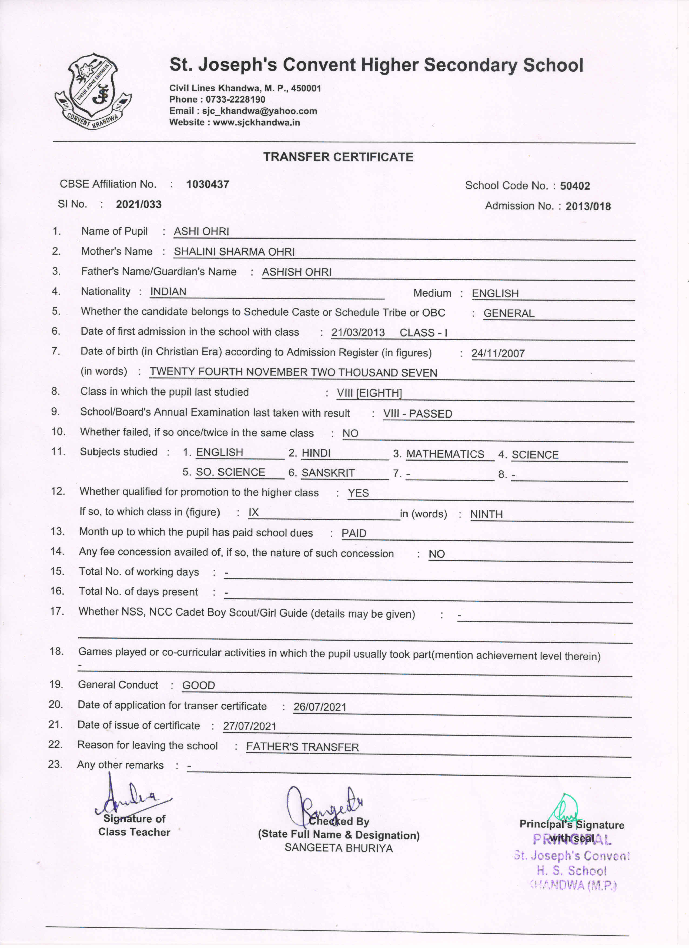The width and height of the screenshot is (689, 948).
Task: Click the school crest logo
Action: [93, 91]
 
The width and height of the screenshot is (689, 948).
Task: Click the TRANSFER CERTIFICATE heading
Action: [338, 157]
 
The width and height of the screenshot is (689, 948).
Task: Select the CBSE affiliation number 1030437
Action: [207, 184]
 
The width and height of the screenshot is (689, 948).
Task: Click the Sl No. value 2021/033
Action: [139, 204]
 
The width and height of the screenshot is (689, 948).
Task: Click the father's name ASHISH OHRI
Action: [297, 272]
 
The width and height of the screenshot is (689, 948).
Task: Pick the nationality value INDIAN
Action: [168, 292]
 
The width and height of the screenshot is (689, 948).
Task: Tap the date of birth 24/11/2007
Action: [498, 354]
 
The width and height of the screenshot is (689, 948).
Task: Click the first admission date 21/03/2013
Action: [358, 333]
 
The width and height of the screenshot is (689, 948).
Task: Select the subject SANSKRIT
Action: [328, 473]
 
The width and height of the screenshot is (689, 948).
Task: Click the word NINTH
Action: [486, 514]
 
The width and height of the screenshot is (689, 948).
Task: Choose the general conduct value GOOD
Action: [199, 686]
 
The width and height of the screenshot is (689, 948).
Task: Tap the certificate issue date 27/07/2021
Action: [249, 726]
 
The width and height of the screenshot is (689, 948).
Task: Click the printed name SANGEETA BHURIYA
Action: [339, 848]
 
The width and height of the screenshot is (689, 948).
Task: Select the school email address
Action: [259, 111]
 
